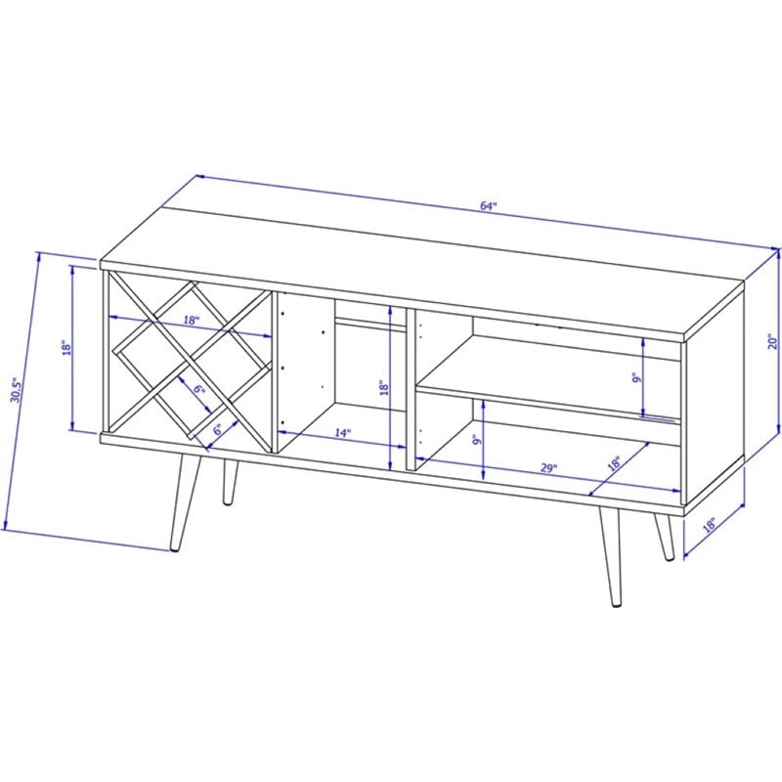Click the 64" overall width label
pyautogui.click(x=490, y=206)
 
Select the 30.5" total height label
pyautogui.click(x=17, y=390)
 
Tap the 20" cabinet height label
pyautogui.click(x=772, y=341)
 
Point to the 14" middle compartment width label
pyautogui.click(x=343, y=433)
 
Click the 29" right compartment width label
pyautogui.click(x=548, y=468)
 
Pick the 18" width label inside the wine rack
pyautogui.click(x=191, y=320)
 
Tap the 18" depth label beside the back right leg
pyautogui.click(x=709, y=526)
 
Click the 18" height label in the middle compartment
pyautogui.click(x=383, y=387)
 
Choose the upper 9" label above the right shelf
pyautogui.click(x=636, y=379)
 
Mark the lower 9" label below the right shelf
pyautogui.click(x=477, y=440)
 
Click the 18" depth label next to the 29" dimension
pyautogui.click(x=614, y=463)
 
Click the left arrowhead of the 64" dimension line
pyautogui.click(x=199, y=176)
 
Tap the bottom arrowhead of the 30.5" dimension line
pyautogui.click(x=6, y=524)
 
